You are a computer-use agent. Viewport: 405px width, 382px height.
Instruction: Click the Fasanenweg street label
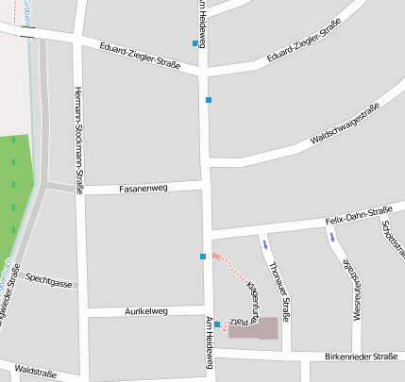pos(143,189)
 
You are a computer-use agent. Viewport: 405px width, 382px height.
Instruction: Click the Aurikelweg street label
pos(145,310)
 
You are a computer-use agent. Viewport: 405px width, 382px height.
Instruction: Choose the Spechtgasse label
pos(49,280)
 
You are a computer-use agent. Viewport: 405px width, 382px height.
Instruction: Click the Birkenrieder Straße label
pos(360,357)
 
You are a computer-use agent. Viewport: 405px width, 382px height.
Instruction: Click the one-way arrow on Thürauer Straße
pos(265,244)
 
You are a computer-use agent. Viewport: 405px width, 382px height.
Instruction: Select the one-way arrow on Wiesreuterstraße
pos(331,238)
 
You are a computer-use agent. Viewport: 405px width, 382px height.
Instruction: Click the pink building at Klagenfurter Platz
pos(254,327)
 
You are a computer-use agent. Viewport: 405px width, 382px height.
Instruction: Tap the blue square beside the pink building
pos(217,324)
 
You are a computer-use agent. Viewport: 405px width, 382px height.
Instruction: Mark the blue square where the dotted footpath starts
pos(203,256)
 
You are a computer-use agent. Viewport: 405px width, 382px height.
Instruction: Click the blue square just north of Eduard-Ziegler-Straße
pos(195,43)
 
